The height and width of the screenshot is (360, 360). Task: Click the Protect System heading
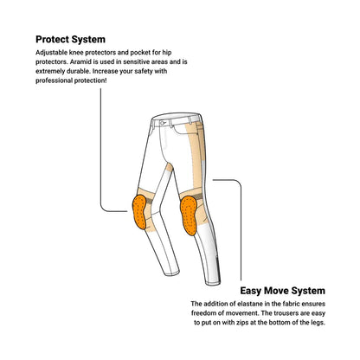[70, 39]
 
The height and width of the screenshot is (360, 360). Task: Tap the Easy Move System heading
[282, 291]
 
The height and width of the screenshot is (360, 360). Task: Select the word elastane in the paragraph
[249, 304]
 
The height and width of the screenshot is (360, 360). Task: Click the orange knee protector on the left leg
[139, 212]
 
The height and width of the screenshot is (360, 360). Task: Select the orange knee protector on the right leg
[189, 215]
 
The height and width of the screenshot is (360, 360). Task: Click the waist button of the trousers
[162, 123]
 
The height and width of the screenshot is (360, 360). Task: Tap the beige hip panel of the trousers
[194, 147]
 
